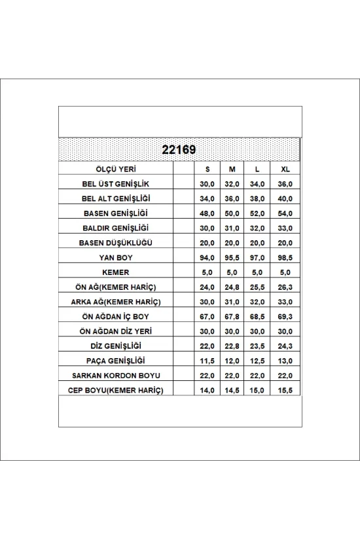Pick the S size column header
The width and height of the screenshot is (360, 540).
pyautogui.click(x=207, y=169)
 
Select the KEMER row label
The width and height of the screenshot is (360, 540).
pyautogui.click(x=118, y=272)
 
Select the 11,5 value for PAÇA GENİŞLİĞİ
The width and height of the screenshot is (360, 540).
pyautogui.click(x=207, y=361)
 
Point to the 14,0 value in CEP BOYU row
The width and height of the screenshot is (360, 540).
pyautogui.click(x=207, y=390)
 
